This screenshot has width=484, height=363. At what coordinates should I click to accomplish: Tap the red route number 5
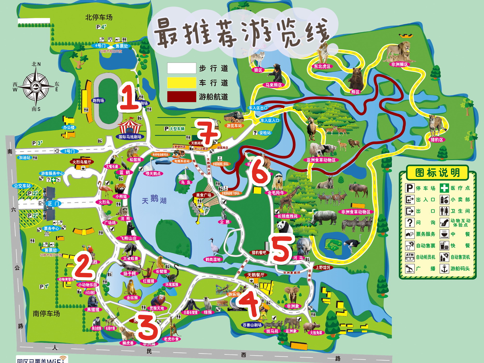(281, 249)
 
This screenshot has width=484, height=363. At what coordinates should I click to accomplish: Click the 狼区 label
(258, 70)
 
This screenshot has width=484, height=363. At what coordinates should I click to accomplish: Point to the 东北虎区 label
(322, 66)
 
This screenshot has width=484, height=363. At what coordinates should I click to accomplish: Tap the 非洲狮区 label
(399, 64)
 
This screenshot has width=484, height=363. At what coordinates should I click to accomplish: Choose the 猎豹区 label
(437, 140)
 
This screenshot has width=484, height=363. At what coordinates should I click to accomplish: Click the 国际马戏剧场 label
(130, 137)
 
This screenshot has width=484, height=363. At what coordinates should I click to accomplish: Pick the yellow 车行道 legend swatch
(181, 83)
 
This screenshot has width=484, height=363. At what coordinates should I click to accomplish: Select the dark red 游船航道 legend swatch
(181, 97)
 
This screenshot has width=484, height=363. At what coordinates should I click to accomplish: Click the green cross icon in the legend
(444, 188)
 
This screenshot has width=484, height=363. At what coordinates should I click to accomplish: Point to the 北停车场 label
(99, 17)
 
